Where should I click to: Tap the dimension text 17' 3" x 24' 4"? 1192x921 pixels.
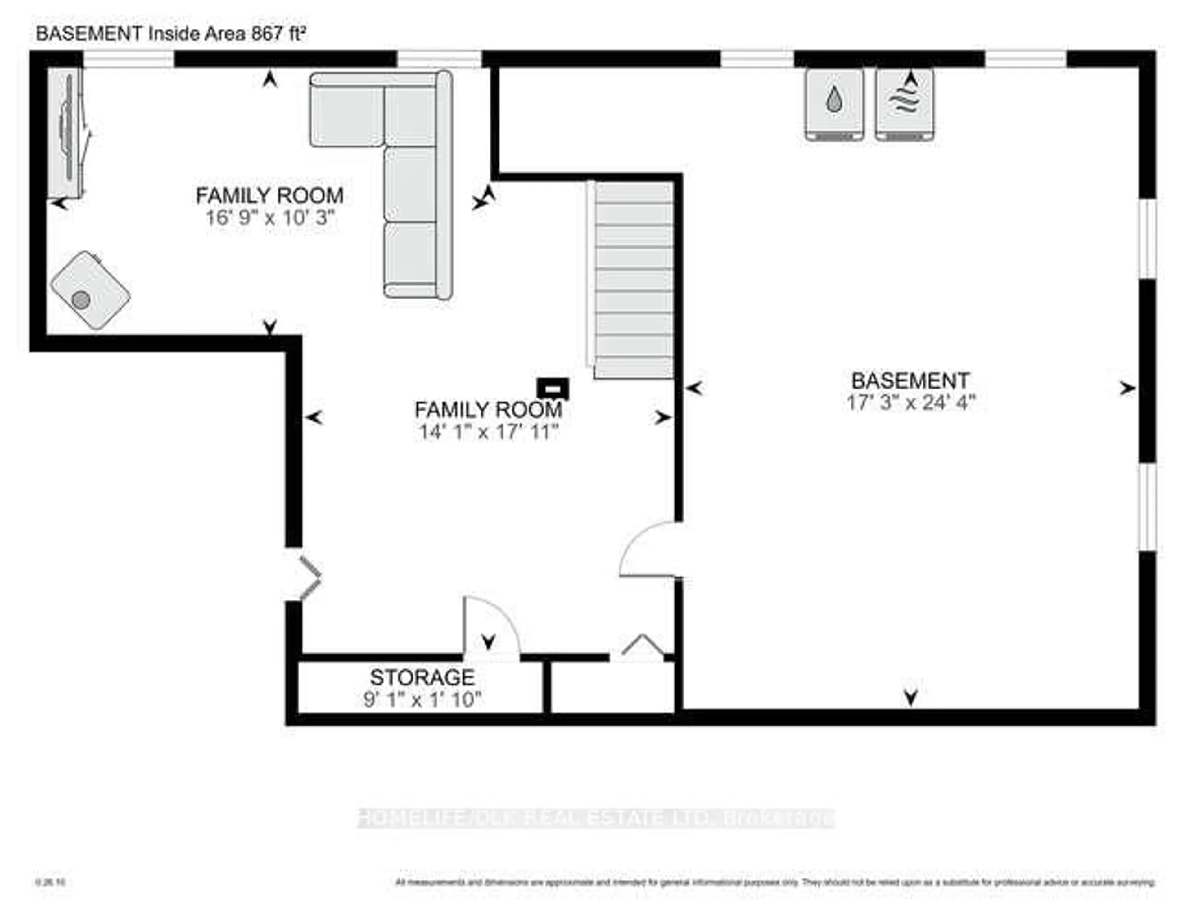910,403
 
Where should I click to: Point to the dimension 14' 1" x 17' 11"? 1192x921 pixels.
489,432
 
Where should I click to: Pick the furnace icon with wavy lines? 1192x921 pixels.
904,104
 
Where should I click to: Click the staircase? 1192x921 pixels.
633,279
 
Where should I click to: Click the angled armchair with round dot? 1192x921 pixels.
90,290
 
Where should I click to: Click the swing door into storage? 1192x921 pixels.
490,627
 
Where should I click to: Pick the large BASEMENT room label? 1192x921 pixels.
910,380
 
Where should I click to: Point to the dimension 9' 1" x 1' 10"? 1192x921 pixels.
422,699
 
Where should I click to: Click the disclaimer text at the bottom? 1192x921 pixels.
775,882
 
